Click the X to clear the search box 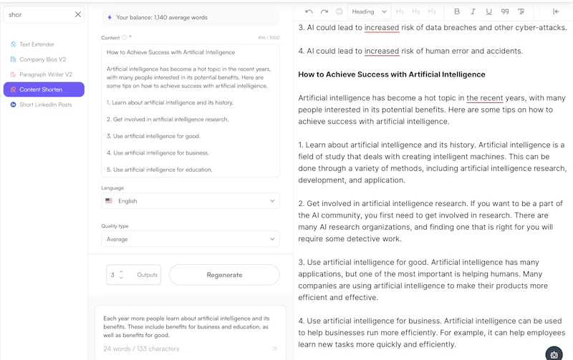click(x=78, y=14)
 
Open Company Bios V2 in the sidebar click(x=42, y=59)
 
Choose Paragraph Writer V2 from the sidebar click(x=45, y=74)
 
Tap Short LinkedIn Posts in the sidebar click(x=45, y=104)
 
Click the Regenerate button click(x=224, y=275)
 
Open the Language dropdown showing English click(x=191, y=201)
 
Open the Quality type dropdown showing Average click(x=191, y=239)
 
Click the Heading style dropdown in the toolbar click(x=368, y=11)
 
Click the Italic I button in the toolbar click(x=473, y=11)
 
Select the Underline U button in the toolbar click(x=488, y=11)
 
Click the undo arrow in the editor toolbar click(x=309, y=11)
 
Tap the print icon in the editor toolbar click(x=339, y=11)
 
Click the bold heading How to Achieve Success click(x=391, y=74)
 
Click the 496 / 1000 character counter click(x=268, y=38)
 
